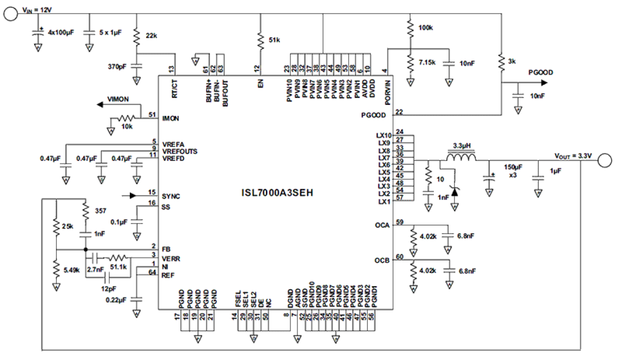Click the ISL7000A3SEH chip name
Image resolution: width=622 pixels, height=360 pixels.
(x=275, y=193)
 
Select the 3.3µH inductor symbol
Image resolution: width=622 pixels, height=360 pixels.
(x=462, y=157)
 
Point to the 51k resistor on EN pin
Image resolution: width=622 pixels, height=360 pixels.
(x=259, y=39)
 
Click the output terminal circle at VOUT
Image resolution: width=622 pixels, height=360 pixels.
(x=605, y=160)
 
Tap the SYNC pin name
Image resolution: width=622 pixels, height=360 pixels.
(x=171, y=196)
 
